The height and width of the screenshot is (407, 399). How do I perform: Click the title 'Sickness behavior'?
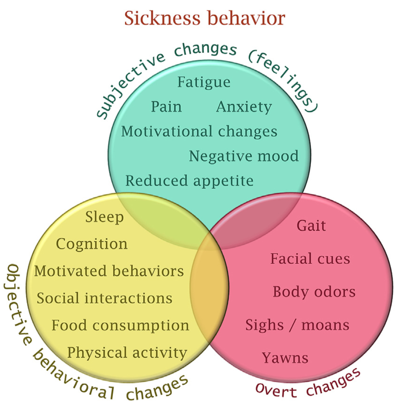point(205,18)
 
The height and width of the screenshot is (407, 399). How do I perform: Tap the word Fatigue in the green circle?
point(204,83)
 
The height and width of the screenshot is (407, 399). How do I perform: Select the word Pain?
point(166,107)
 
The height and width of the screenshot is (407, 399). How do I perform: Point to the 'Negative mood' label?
point(244,156)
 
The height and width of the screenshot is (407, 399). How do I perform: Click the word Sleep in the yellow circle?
point(104,217)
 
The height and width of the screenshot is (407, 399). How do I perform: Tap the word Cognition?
point(92,244)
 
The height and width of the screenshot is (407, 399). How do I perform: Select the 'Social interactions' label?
point(105,298)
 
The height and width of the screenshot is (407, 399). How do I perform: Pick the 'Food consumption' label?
point(120,326)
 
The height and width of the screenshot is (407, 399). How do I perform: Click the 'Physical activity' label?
point(127,353)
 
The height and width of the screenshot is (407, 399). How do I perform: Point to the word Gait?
point(311,226)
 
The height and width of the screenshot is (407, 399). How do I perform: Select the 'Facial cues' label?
point(310,259)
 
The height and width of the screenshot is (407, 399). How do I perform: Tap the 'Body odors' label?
point(314,292)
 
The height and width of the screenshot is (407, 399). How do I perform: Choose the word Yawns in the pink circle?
point(285,358)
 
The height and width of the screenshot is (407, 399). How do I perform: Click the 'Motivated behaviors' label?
point(109,271)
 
